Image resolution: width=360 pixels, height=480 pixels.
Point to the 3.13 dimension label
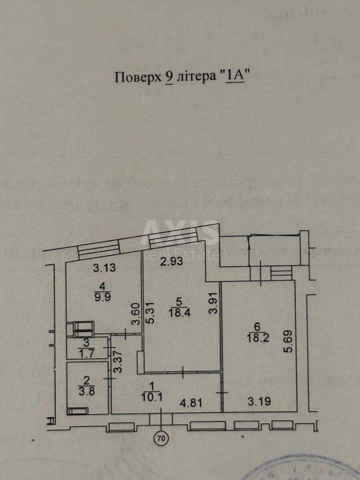pos(105,268)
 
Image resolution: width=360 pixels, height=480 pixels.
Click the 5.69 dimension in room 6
pos(290,341)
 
